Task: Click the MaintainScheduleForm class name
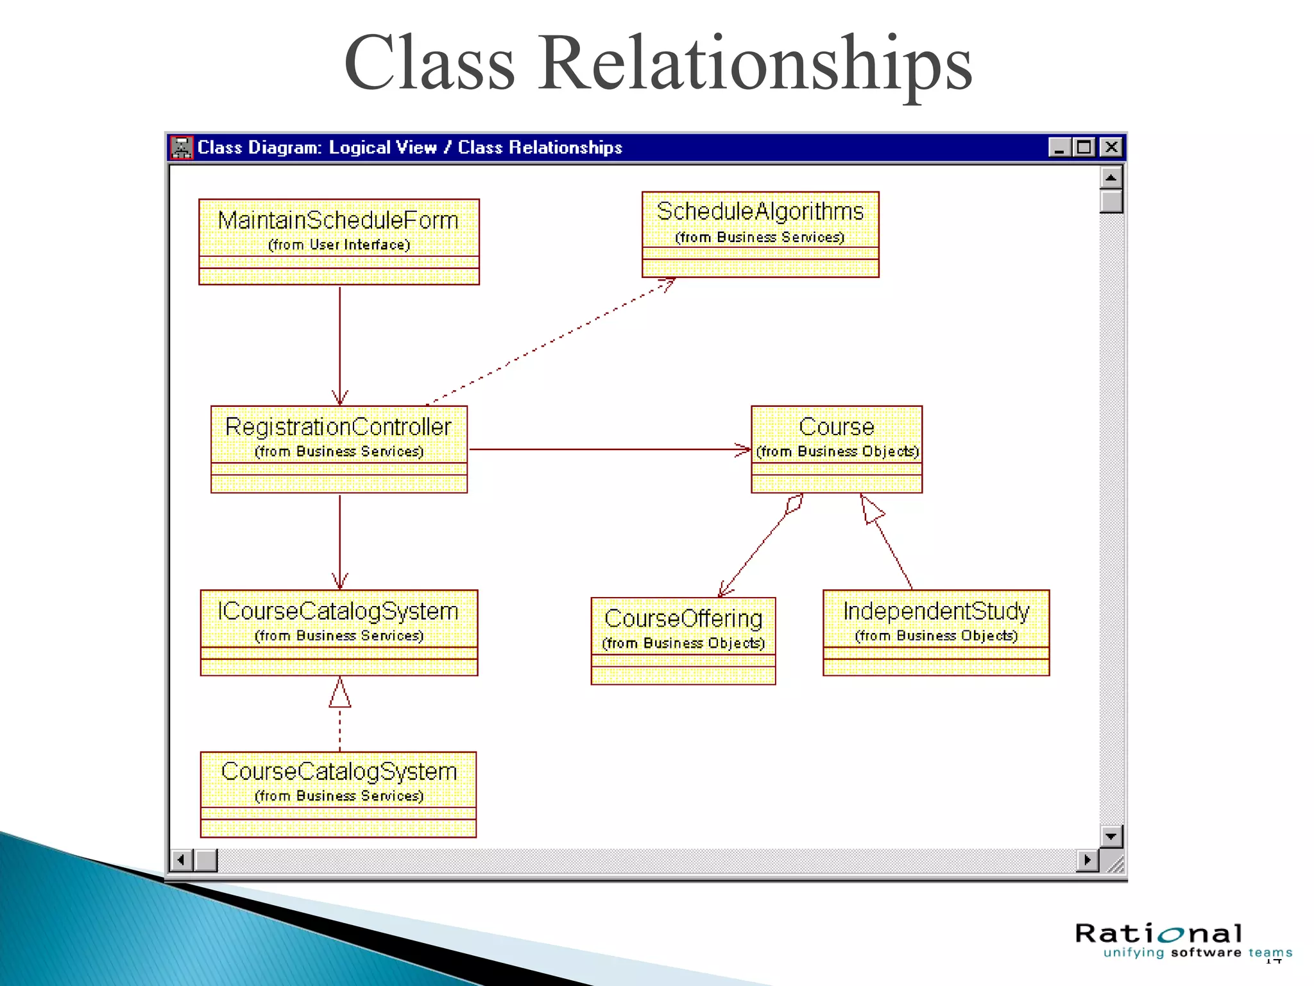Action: point(338,220)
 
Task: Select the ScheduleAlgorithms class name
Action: point(760,211)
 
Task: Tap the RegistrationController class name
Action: point(338,427)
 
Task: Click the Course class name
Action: point(836,427)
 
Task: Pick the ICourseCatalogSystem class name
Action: point(338,611)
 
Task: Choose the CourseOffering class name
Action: point(683,619)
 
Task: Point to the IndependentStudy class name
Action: point(935,611)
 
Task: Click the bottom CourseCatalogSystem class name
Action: point(338,772)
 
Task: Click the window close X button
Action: point(1111,148)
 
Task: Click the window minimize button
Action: point(1059,148)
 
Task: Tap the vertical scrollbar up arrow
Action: point(1111,177)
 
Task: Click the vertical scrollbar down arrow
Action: point(1111,836)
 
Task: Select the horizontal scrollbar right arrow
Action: point(1087,860)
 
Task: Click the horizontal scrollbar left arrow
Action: point(182,860)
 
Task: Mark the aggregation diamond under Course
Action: point(794,504)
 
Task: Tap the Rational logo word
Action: point(1159,933)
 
